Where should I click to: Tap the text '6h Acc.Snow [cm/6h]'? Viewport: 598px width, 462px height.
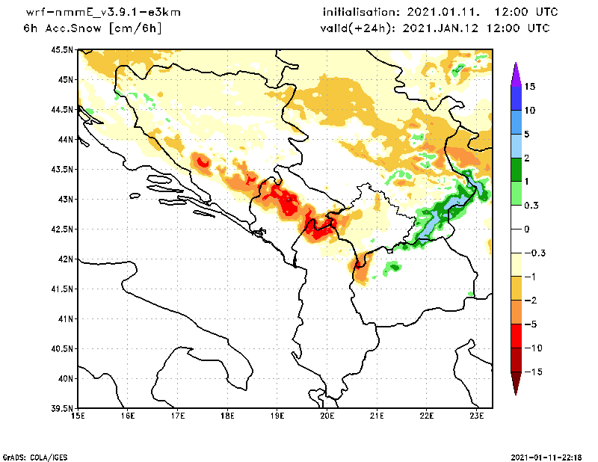[93, 28]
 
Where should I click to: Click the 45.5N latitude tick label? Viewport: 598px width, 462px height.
[62, 50]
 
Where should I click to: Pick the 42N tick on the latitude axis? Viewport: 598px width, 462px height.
[64, 259]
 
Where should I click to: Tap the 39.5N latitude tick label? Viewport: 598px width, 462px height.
[62, 409]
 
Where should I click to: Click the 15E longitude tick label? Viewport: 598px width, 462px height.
[77, 417]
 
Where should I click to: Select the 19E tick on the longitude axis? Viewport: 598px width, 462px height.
[277, 417]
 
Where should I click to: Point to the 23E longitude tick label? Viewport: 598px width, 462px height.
[477, 417]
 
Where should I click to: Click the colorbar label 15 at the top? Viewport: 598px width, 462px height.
[529, 87]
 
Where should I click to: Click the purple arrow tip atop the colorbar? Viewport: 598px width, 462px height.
[515, 72]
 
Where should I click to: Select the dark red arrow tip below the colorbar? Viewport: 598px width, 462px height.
[515, 384]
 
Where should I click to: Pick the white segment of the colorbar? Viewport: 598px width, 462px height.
[515, 229]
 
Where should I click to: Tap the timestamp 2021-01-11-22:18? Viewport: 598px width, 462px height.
[549, 456]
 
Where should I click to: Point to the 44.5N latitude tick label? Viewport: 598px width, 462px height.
[62, 110]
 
